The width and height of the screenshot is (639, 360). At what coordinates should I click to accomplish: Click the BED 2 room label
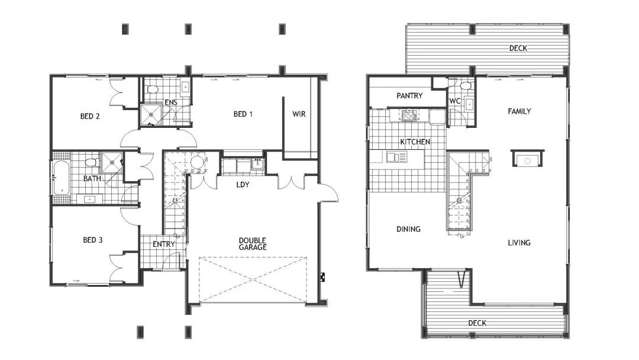(x=90, y=117)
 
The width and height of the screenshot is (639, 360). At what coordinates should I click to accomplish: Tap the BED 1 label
(x=243, y=114)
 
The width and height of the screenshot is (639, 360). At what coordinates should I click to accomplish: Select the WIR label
(x=298, y=114)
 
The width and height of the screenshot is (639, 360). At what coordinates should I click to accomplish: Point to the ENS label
(x=171, y=103)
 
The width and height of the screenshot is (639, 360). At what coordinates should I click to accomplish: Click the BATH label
(x=92, y=179)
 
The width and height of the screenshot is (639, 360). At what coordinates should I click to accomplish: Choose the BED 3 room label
(x=93, y=240)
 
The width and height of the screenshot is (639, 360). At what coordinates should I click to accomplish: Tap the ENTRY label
(x=163, y=244)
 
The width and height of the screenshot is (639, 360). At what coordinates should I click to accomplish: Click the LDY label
(x=243, y=185)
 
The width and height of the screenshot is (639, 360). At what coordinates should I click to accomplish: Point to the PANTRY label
(x=410, y=96)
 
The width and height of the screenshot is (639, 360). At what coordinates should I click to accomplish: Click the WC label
(x=455, y=101)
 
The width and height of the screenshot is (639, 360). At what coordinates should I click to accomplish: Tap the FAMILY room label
(x=518, y=111)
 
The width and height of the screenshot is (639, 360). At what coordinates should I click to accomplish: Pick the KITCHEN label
(x=415, y=143)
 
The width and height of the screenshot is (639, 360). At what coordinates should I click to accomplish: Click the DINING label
(x=408, y=229)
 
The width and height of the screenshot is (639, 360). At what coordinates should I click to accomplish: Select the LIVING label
(x=518, y=243)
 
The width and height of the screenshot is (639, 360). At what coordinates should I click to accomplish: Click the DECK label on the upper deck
(x=517, y=48)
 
